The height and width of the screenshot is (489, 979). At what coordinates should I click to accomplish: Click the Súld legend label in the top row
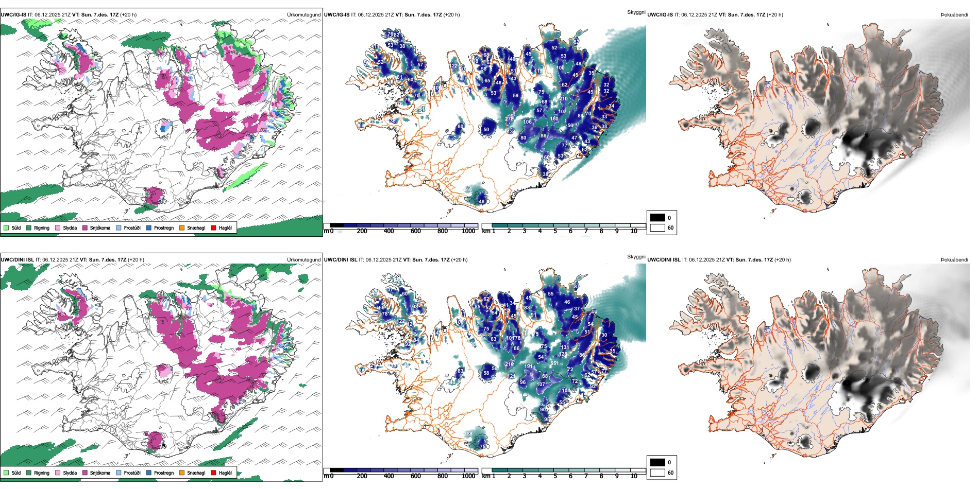(x=16, y=228)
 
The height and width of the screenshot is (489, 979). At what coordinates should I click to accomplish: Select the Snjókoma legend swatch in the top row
(x=85, y=228)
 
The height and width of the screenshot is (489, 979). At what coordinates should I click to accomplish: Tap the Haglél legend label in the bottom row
(x=225, y=473)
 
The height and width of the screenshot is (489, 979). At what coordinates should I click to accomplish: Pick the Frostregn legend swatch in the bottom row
(x=149, y=473)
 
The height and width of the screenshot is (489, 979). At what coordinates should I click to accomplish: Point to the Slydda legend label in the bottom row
(x=70, y=473)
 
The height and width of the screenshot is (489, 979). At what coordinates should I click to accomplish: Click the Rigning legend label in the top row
(x=42, y=228)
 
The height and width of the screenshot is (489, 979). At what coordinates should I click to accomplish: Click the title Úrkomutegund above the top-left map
(x=303, y=15)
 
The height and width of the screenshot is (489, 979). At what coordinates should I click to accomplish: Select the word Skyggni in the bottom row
(x=636, y=257)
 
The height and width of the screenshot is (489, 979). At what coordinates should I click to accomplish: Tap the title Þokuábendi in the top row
(x=954, y=15)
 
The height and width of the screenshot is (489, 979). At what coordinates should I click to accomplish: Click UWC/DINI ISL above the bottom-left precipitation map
(x=17, y=260)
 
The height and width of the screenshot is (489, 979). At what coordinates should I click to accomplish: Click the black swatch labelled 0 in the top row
(x=657, y=218)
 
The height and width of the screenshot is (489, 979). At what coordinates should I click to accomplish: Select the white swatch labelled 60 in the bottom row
(x=657, y=473)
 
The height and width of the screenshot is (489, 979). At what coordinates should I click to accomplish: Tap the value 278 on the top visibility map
(x=509, y=119)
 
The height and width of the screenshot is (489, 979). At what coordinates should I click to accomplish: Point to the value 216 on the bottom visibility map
(x=509, y=364)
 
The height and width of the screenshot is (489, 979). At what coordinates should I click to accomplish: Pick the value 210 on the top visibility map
(x=563, y=99)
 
